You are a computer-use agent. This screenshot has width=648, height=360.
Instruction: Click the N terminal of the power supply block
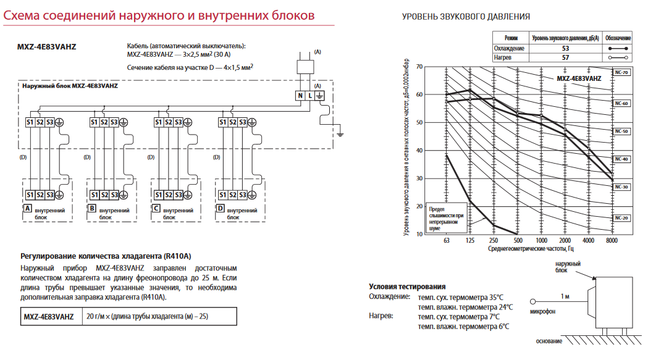coord(300,96)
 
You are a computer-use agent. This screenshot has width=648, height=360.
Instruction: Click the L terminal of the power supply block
coord(310,96)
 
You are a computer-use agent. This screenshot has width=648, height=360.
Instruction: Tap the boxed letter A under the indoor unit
coord(28,208)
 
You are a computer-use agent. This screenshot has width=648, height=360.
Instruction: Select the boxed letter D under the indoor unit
coord(221,208)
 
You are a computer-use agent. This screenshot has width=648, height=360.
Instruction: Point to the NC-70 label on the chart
coord(621,72)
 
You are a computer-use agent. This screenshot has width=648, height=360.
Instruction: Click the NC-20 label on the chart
coord(621,218)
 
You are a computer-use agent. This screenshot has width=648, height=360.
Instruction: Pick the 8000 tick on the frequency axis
coord(612,241)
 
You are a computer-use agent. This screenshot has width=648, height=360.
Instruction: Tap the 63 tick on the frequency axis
coord(447,241)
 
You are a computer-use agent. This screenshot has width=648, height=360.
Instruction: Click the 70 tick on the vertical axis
coord(419,67)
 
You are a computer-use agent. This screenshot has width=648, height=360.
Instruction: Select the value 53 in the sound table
coord(565,48)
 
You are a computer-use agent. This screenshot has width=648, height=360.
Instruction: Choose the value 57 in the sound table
coord(565,57)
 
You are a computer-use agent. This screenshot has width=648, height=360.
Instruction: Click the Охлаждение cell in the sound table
coord(509,48)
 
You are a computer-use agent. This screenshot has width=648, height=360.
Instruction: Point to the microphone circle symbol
coord(532,302)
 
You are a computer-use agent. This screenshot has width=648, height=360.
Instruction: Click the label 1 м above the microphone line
coord(565,296)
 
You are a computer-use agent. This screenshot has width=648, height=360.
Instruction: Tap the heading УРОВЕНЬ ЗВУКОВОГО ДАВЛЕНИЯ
coord(466,17)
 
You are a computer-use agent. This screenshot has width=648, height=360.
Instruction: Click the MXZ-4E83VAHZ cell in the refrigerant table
coord(49,317)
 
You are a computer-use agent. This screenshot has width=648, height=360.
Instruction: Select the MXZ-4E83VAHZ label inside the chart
coord(579,78)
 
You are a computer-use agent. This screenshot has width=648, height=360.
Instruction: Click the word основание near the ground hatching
coord(549,341)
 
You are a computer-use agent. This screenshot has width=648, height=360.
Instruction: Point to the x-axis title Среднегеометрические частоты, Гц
coord(531,248)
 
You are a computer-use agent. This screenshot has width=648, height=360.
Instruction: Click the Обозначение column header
coord(618,38)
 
